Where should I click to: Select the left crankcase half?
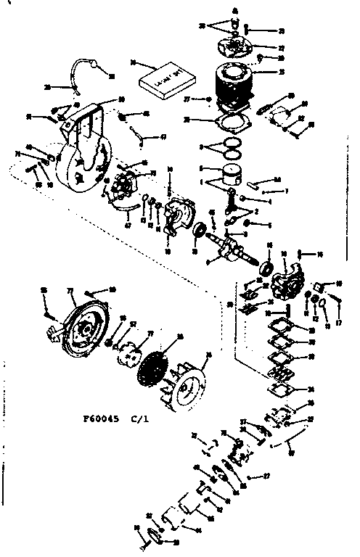[x=179, y=217]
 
